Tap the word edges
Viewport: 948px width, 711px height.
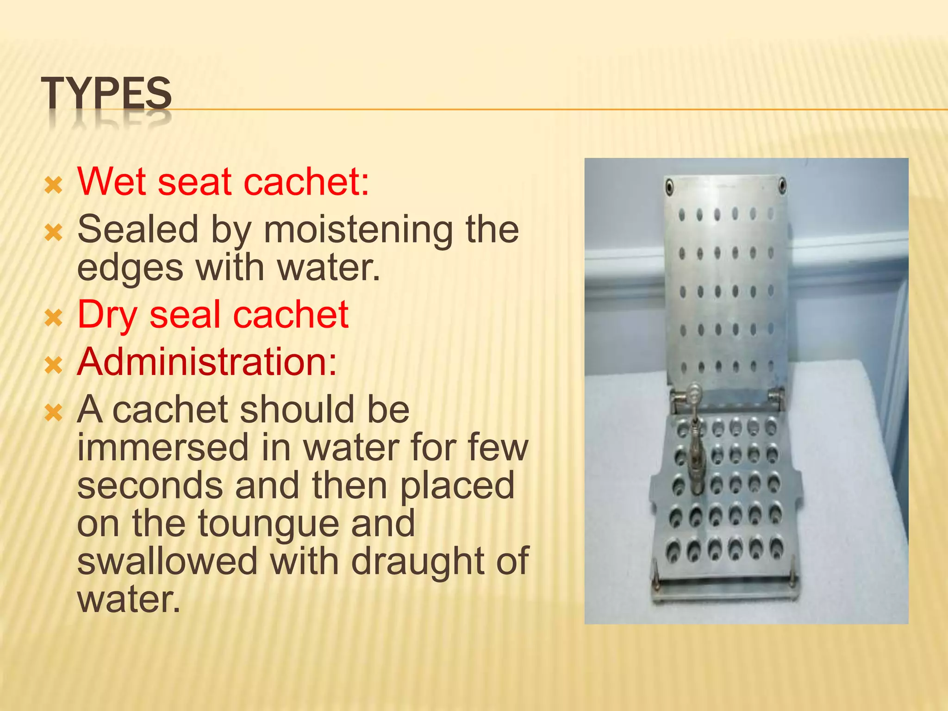[x=130, y=268]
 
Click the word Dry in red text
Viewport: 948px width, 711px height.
[x=107, y=315]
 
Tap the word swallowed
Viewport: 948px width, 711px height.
[x=167, y=561]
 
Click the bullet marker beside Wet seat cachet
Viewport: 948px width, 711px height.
[x=54, y=185]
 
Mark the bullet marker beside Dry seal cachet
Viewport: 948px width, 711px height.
[x=54, y=318]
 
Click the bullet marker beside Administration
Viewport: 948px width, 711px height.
[x=54, y=366]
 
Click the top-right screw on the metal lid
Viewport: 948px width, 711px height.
[x=782, y=186]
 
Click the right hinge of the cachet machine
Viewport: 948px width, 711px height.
[x=776, y=397]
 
